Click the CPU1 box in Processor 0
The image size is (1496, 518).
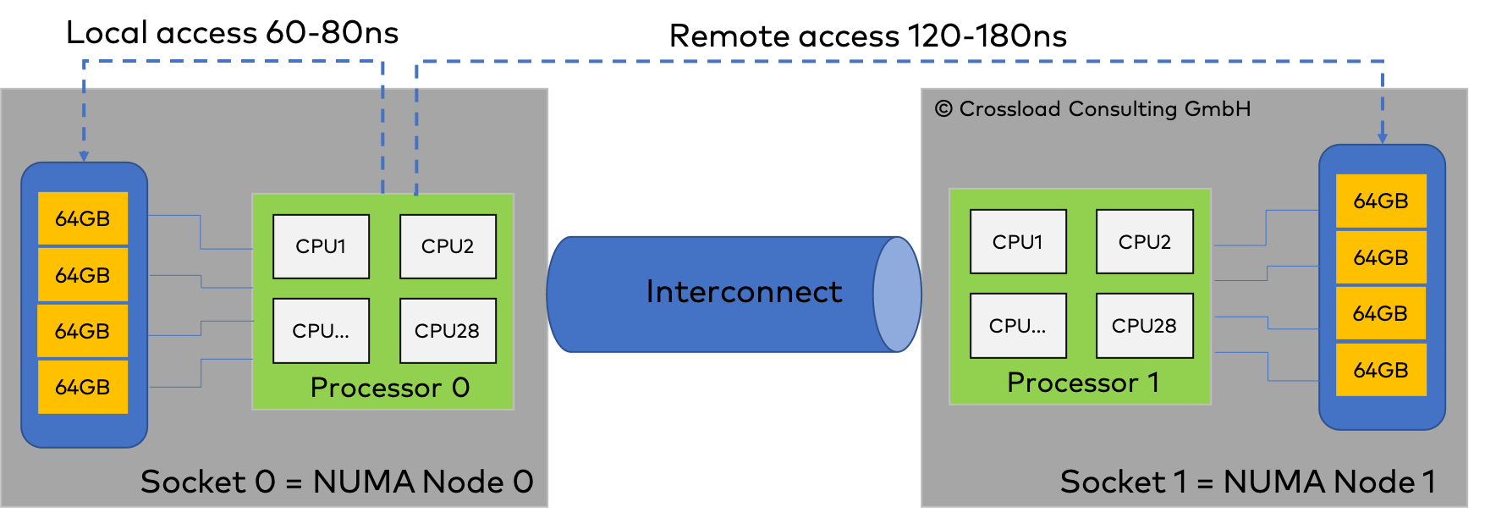click(x=321, y=246)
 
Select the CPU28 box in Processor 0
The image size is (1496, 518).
click(x=448, y=330)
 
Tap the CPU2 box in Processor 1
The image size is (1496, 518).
click(x=1144, y=242)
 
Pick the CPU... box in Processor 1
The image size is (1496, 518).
click(x=1018, y=326)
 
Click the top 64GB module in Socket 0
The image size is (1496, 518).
click(x=83, y=218)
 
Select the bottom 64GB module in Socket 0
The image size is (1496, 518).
click(x=83, y=387)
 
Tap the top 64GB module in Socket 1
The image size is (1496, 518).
click(x=1381, y=201)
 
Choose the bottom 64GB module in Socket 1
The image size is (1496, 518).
click(x=1381, y=370)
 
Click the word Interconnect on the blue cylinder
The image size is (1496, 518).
click(x=744, y=292)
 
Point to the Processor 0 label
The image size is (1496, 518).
click(x=389, y=388)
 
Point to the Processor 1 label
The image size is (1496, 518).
click(x=1082, y=383)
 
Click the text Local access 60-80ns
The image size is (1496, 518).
click(x=232, y=33)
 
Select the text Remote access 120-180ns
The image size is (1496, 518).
click(x=867, y=36)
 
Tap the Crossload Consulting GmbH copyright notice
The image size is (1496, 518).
click(x=1092, y=109)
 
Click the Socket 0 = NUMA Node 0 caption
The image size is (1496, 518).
click(x=337, y=482)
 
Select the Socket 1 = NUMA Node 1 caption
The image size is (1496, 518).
click(x=1247, y=482)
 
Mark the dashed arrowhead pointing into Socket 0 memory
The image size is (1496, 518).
click(x=84, y=155)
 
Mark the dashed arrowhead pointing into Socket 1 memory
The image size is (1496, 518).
click(x=1383, y=137)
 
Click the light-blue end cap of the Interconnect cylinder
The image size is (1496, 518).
click(x=896, y=294)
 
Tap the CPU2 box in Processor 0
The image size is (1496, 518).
click(x=448, y=246)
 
